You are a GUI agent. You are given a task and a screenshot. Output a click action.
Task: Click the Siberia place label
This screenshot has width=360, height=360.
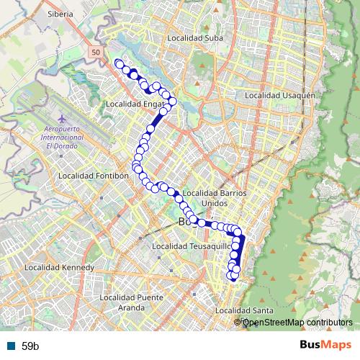pyautogui.click(x=60, y=14)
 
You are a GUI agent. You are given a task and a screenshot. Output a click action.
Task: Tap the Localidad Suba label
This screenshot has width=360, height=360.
pyautogui.click(x=194, y=38)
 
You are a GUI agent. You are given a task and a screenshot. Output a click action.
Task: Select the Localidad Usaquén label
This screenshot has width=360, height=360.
pyautogui.click(x=281, y=95)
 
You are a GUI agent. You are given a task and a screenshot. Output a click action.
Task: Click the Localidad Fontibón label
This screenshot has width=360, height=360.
pyautogui.click(x=94, y=175)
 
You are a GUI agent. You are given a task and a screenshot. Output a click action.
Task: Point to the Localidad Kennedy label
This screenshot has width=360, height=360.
pyautogui.click(x=59, y=267)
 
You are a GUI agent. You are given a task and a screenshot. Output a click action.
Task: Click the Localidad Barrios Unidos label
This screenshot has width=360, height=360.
pyautogui.click(x=215, y=198)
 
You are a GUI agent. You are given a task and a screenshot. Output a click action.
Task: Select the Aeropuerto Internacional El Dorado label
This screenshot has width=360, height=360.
pyautogui.click(x=66, y=137)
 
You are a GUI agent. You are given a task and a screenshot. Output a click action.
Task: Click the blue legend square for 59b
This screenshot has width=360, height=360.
pyautogui.click(x=10, y=346)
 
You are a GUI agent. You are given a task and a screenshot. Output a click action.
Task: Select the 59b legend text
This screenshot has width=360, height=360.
pyautogui.click(x=30, y=346)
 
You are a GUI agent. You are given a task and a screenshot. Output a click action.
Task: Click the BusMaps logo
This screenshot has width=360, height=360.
pyautogui.click(x=325, y=345)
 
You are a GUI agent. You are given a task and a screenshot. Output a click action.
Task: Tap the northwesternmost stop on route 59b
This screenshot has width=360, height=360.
pyautogui.click(x=119, y=63)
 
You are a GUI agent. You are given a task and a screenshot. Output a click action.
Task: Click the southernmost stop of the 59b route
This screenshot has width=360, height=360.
pyautogui.click(x=232, y=276)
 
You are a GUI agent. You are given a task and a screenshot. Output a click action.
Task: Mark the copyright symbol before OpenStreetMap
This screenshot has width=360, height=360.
pyautogui.click(x=238, y=323)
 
